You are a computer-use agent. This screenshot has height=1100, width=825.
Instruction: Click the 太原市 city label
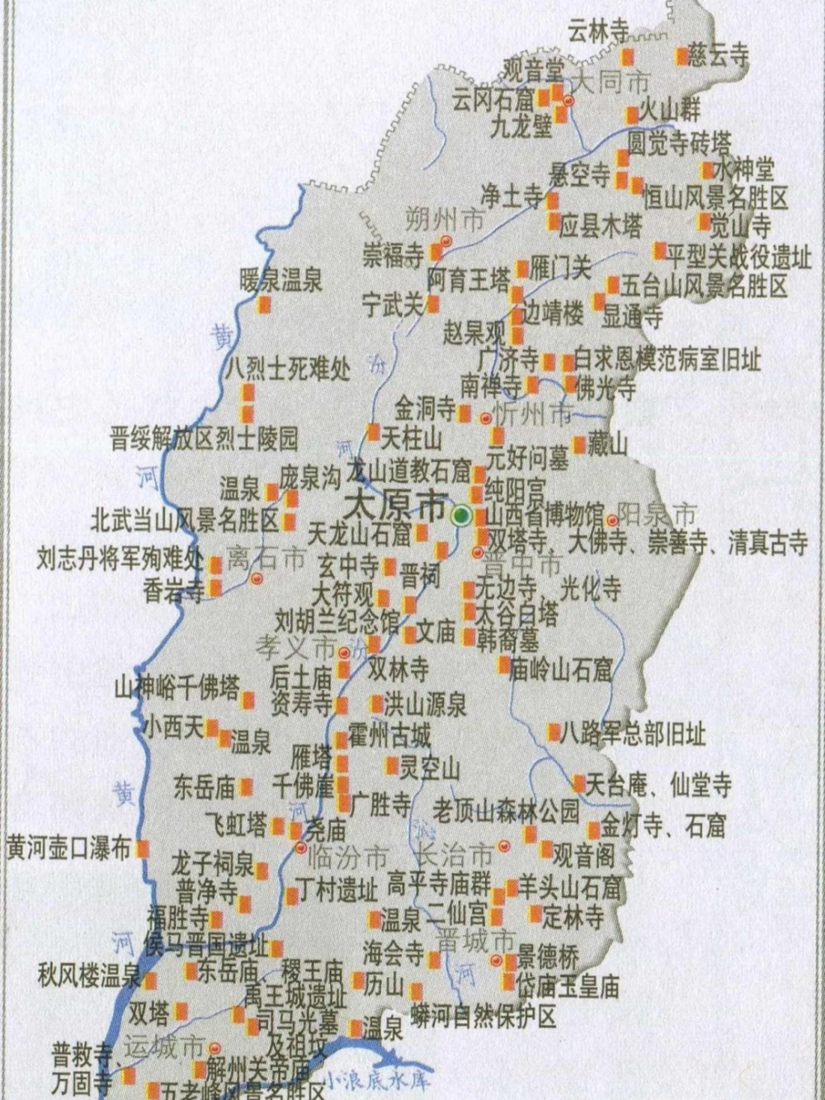(x=397, y=506)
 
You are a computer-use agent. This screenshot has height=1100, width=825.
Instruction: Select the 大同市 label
(x=611, y=83)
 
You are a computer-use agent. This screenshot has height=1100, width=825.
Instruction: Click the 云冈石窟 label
(x=493, y=101)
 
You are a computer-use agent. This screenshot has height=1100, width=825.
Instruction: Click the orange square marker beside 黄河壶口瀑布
(x=144, y=847)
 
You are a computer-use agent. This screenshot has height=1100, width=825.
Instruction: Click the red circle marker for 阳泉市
(x=612, y=521)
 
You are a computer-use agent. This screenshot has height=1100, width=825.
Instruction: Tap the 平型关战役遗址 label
(x=739, y=257)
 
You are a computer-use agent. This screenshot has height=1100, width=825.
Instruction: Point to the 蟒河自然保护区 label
(x=485, y=1015)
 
